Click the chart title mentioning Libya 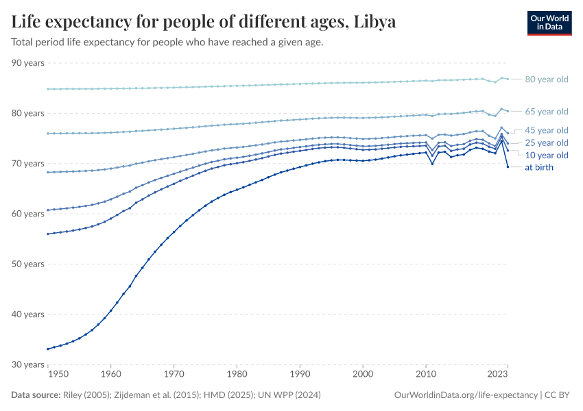(x=204, y=21)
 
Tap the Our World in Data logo (x=549, y=23)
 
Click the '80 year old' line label (x=546, y=79)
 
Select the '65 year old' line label (x=546, y=112)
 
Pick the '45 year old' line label (x=546, y=130)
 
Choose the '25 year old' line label (x=546, y=142)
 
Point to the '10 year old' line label (x=546, y=155)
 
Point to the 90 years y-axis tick (x=28, y=63)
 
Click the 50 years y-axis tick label (x=28, y=264)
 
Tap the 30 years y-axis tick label (x=28, y=364)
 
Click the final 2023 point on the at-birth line (x=508, y=167)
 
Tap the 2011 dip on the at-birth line (x=432, y=164)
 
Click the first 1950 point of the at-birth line (x=48, y=349)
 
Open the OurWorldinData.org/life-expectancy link (x=466, y=395)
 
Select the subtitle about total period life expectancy (x=167, y=42)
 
